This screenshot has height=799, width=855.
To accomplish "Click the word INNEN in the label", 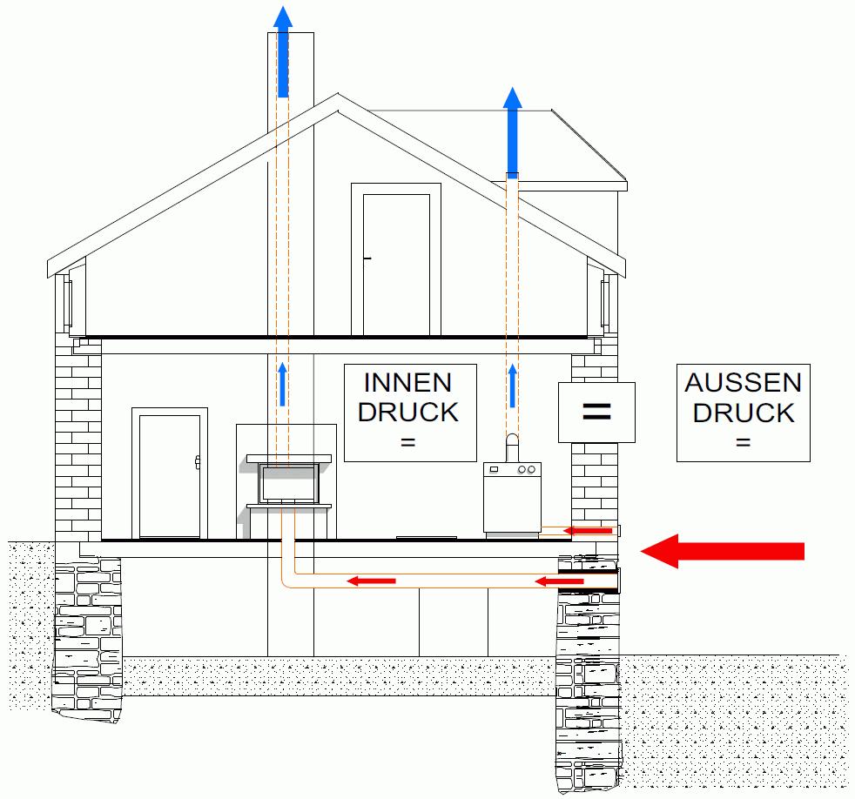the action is (407, 382).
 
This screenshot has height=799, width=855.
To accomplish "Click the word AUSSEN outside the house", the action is (743, 382).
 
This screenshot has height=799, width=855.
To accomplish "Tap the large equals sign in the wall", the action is (596, 411).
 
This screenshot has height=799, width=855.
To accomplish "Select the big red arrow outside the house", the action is (722, 550).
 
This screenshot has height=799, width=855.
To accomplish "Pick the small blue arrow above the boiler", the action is (513, 386).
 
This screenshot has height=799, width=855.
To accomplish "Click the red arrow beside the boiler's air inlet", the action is (587, 530).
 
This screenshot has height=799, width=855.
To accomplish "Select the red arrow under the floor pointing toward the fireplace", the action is (372, 581).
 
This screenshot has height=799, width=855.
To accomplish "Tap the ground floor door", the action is (170, 474).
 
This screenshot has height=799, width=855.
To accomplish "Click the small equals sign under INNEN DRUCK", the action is (407, 443).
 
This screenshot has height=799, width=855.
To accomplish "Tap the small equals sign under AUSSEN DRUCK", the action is (743, 443).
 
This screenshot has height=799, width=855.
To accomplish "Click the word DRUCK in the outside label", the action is (743, 413).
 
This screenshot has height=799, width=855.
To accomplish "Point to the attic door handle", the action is (367, 258).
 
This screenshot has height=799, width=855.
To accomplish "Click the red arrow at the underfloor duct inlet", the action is (558, 581).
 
